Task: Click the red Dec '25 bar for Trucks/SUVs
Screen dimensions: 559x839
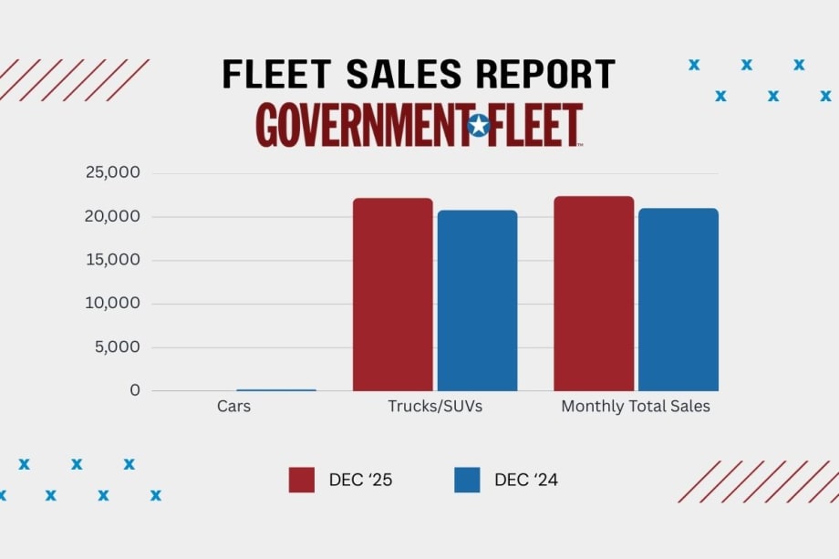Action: tap(392, 295)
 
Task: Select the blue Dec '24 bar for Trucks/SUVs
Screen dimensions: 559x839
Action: tap(477, 301)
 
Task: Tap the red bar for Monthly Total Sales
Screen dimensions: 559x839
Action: tap(594, 294)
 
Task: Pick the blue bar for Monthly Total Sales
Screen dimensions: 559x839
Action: tap(678, 300)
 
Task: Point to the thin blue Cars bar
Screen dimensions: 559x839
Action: tap(276, 389)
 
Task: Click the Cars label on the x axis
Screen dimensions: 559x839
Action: tap(233, 407)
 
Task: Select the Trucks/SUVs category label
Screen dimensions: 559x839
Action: tap(435, 407)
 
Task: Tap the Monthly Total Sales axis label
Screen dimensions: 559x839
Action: tap(635, 407)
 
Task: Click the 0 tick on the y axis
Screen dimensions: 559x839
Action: tap(135, 390)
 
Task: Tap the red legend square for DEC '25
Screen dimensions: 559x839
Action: tap(301, 480)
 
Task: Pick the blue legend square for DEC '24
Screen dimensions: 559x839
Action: tap(467, 480)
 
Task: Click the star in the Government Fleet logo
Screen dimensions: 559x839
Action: tap(478, 125)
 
